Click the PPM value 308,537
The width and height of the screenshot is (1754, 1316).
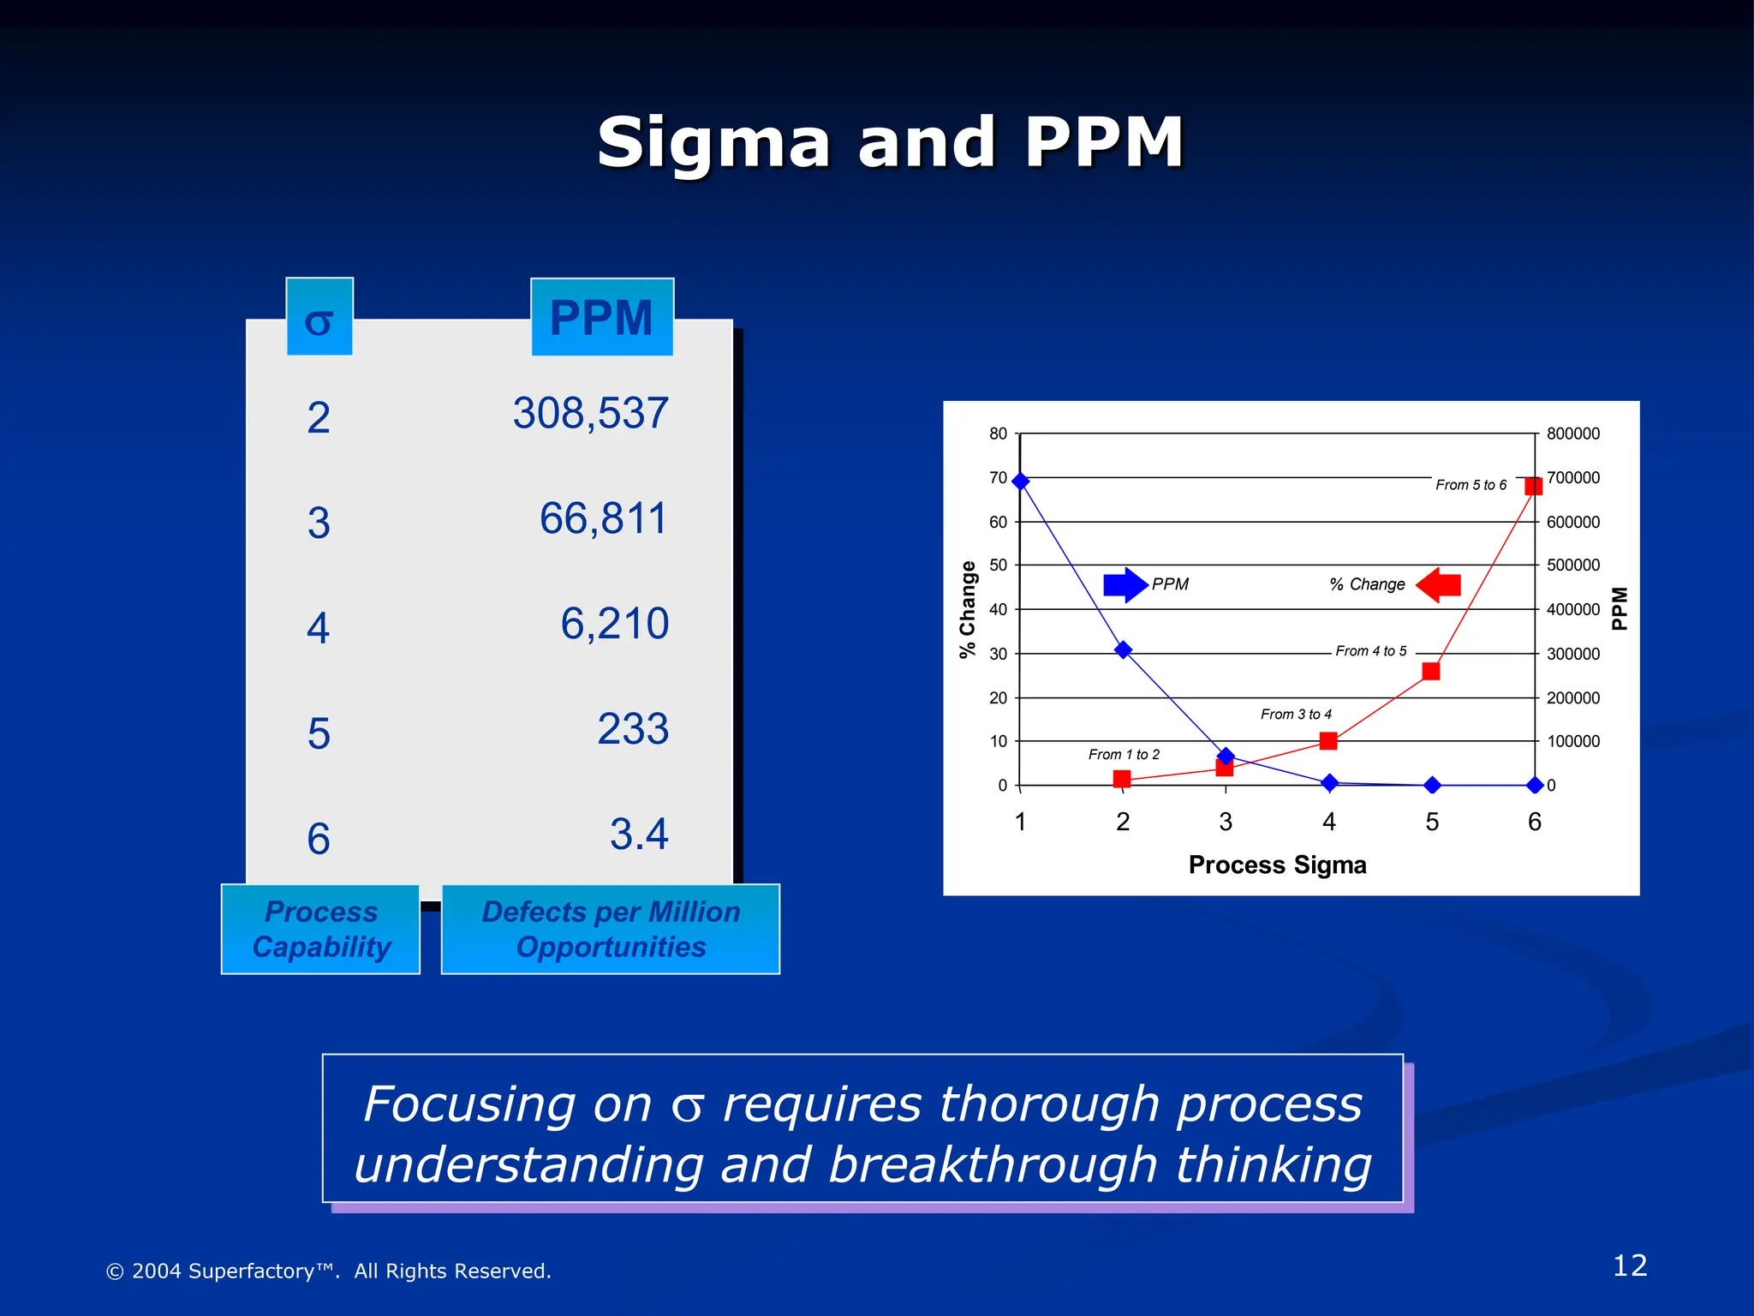[x=590, y=414]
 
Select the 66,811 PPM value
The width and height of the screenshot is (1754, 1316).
[x=603, y=519]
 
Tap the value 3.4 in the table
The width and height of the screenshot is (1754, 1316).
[x=639, y=834]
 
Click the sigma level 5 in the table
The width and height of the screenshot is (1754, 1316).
[x=319, y=734]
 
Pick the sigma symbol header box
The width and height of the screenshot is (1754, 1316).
[x=319, y=317]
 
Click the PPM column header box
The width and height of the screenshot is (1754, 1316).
[x=601, y=318]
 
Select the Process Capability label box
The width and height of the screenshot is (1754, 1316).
[x=320, y=930]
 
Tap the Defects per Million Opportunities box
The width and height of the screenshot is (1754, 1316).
[x=611, y=930]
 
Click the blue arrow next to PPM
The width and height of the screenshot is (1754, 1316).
[x=1125, y=585]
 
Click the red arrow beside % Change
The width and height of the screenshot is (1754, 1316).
[x=1439, y=585]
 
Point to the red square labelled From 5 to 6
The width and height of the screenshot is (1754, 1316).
[x=1533, y=486]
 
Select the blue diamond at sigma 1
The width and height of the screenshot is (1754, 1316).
[x=1020, y=482]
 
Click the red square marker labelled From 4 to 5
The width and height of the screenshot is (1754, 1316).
[x=1430, y=671]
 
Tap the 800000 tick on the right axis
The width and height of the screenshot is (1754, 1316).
[x=1572, y=434]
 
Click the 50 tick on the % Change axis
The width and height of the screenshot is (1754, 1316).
[x=998, y=565]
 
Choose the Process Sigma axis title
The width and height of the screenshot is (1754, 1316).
[x=1277, y=865]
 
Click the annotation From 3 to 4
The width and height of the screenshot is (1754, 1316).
[x=1296, y=715]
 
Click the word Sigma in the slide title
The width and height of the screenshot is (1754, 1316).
[x=713, y=143]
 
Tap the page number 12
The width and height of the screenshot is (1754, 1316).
[x=1629, y=1266]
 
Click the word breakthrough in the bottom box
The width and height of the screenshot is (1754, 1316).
[x=993, y=1166]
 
